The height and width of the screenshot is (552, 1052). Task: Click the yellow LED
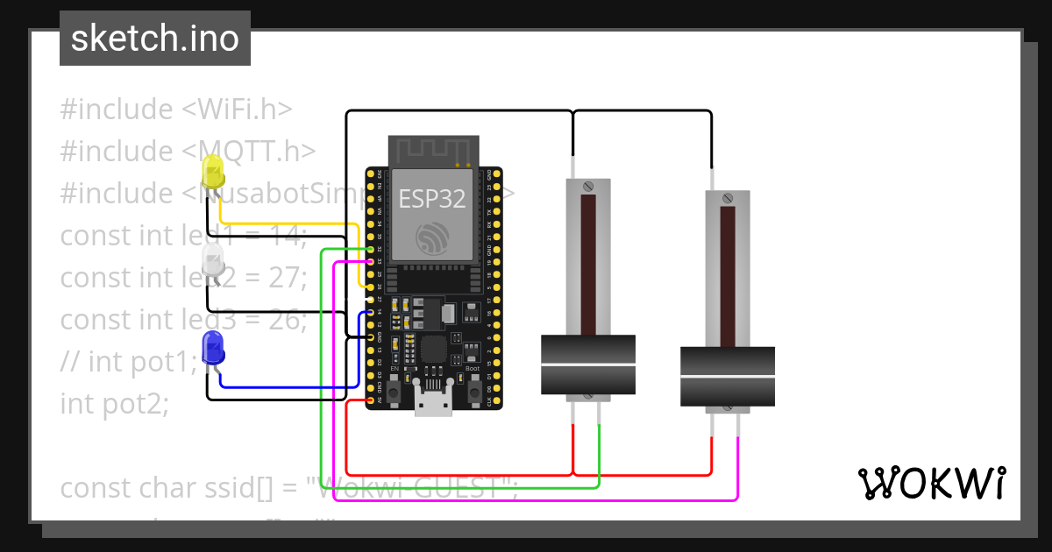213,172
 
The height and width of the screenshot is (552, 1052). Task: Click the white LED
213,260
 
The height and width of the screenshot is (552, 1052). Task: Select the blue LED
213,348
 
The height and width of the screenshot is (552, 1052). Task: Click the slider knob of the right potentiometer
728,376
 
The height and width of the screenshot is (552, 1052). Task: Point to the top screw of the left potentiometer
587,186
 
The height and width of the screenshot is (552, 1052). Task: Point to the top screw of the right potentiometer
728,198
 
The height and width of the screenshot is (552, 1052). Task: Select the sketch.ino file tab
155,39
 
